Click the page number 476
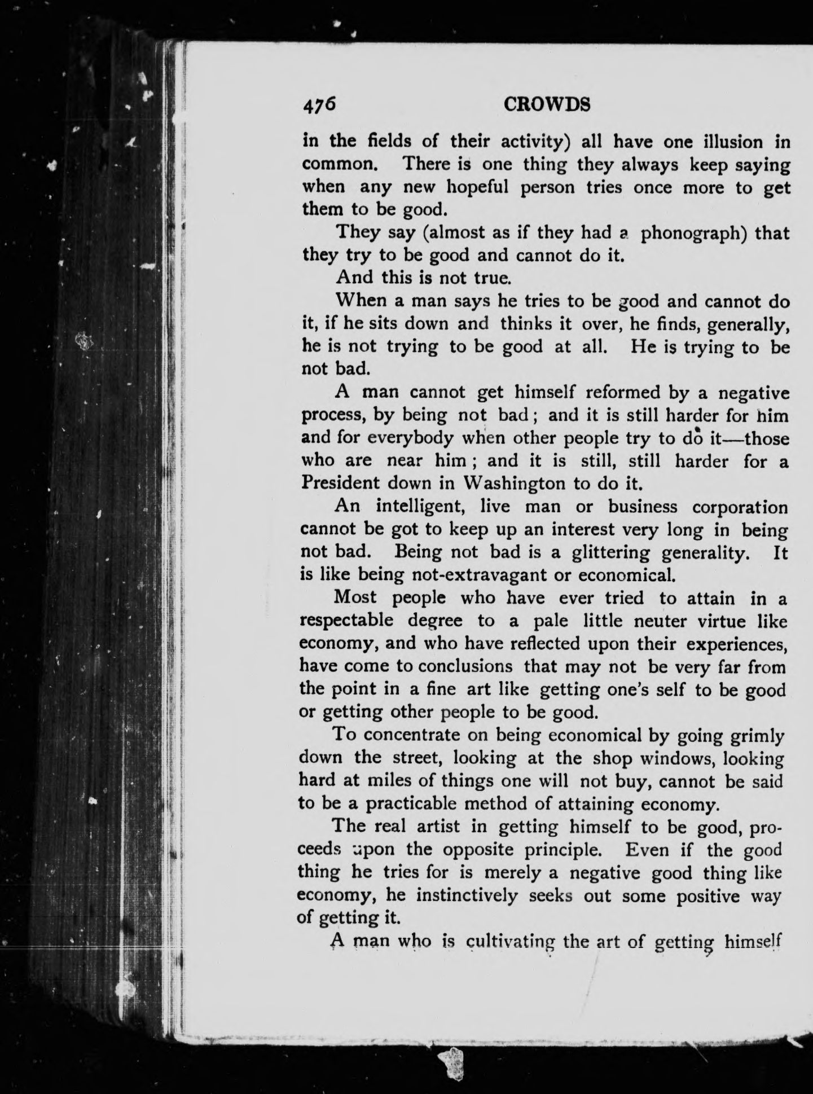(x=319, y=105)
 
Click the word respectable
(x=346, y=621)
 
